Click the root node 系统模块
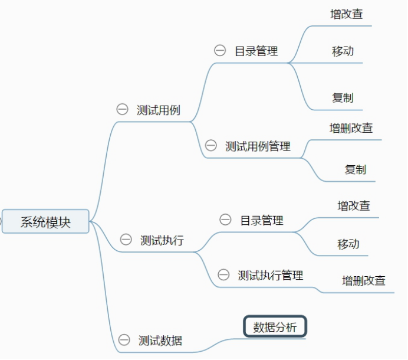45,222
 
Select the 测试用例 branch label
159,110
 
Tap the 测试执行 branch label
162,240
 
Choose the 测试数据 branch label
160,341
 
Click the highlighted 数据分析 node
275,327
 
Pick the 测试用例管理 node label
258,146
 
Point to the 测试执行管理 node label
271,275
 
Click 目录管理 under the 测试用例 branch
256,51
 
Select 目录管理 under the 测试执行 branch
262,221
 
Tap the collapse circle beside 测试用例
122,109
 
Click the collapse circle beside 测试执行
126,239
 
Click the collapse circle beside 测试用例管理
210,145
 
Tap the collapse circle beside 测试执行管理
223,274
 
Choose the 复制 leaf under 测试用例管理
356,170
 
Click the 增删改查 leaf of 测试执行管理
364,281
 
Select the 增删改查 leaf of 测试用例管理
351,128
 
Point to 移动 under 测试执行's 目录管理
348,244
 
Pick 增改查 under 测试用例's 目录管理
347,15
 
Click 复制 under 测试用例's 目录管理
343,98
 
